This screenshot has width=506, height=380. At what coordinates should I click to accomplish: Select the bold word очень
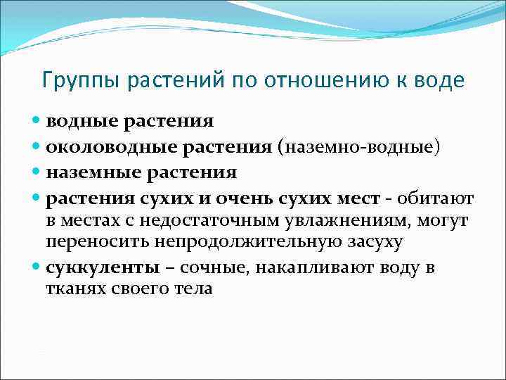244,198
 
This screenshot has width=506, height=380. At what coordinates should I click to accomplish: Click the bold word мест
357,198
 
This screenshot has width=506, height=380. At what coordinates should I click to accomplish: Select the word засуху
376,243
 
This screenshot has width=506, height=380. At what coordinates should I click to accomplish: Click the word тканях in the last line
78,289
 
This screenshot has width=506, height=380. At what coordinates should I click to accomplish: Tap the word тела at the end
192,289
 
